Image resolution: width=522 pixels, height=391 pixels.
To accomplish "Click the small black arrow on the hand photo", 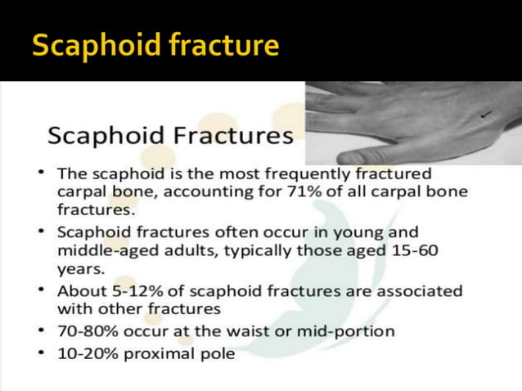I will click(x=488, y=115).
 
